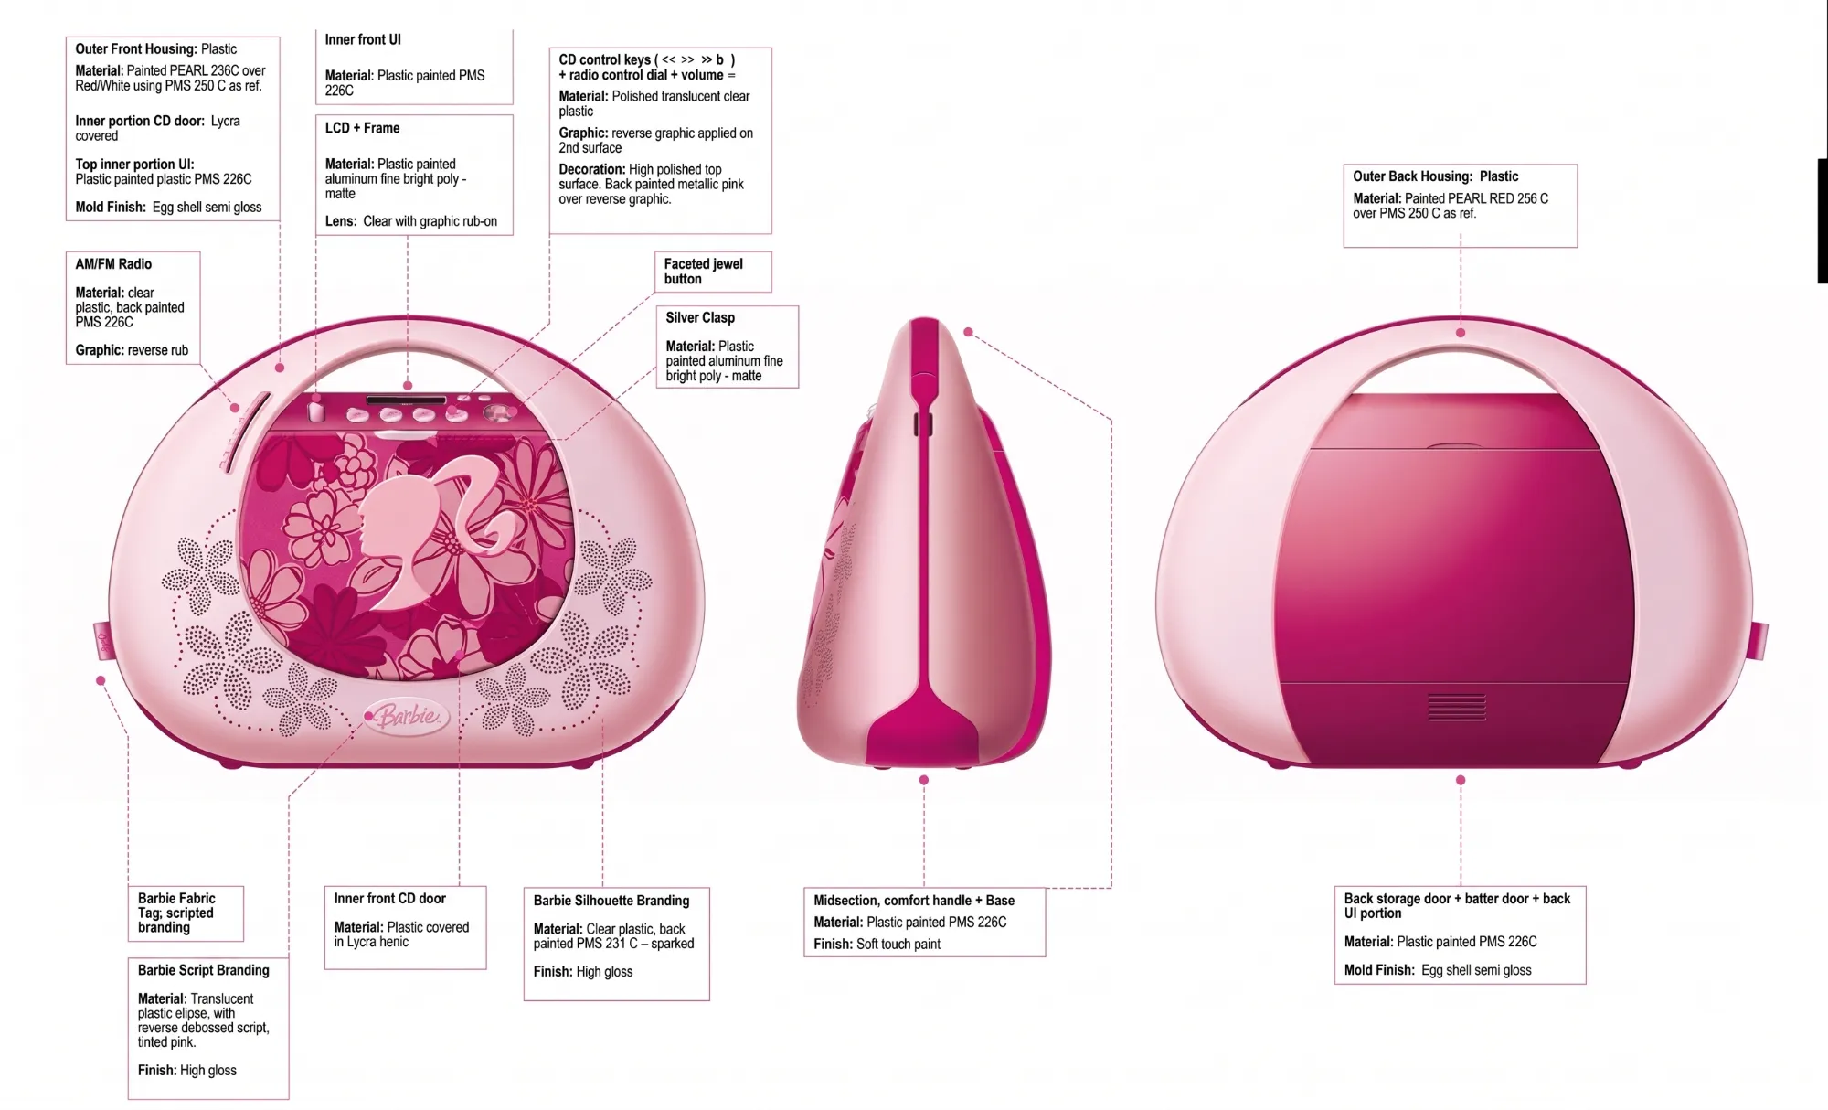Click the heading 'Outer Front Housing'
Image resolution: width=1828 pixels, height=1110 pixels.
(x=135, y=49)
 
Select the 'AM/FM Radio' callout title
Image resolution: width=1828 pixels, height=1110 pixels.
(x=113, y=264)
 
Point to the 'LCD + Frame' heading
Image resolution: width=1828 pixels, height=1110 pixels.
(x=362, y=128)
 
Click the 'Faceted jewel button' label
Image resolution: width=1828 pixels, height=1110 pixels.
(x=703, y=272)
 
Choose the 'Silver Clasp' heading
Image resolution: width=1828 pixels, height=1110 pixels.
(x=700, y=317)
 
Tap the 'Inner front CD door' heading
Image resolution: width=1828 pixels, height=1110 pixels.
(x=389, y=899)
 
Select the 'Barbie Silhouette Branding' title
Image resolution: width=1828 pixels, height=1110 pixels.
(x=611, y=901)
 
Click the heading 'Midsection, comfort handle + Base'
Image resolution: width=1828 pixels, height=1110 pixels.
(x=914, y=901)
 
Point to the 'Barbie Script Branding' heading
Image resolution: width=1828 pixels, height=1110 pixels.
(x=203, y=970)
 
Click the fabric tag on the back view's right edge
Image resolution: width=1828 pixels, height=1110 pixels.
(x=1759, y=640)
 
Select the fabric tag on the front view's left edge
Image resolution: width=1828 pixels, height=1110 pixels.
(x=101, y=641)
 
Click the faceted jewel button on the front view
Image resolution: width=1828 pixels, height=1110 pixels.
(x=498, y=413)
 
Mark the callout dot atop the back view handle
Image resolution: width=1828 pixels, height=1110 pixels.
(x=1461, y=333)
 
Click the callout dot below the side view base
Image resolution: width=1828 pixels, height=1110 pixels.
(x=924, y=780)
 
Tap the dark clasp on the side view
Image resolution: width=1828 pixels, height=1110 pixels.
(x=923, y=423)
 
